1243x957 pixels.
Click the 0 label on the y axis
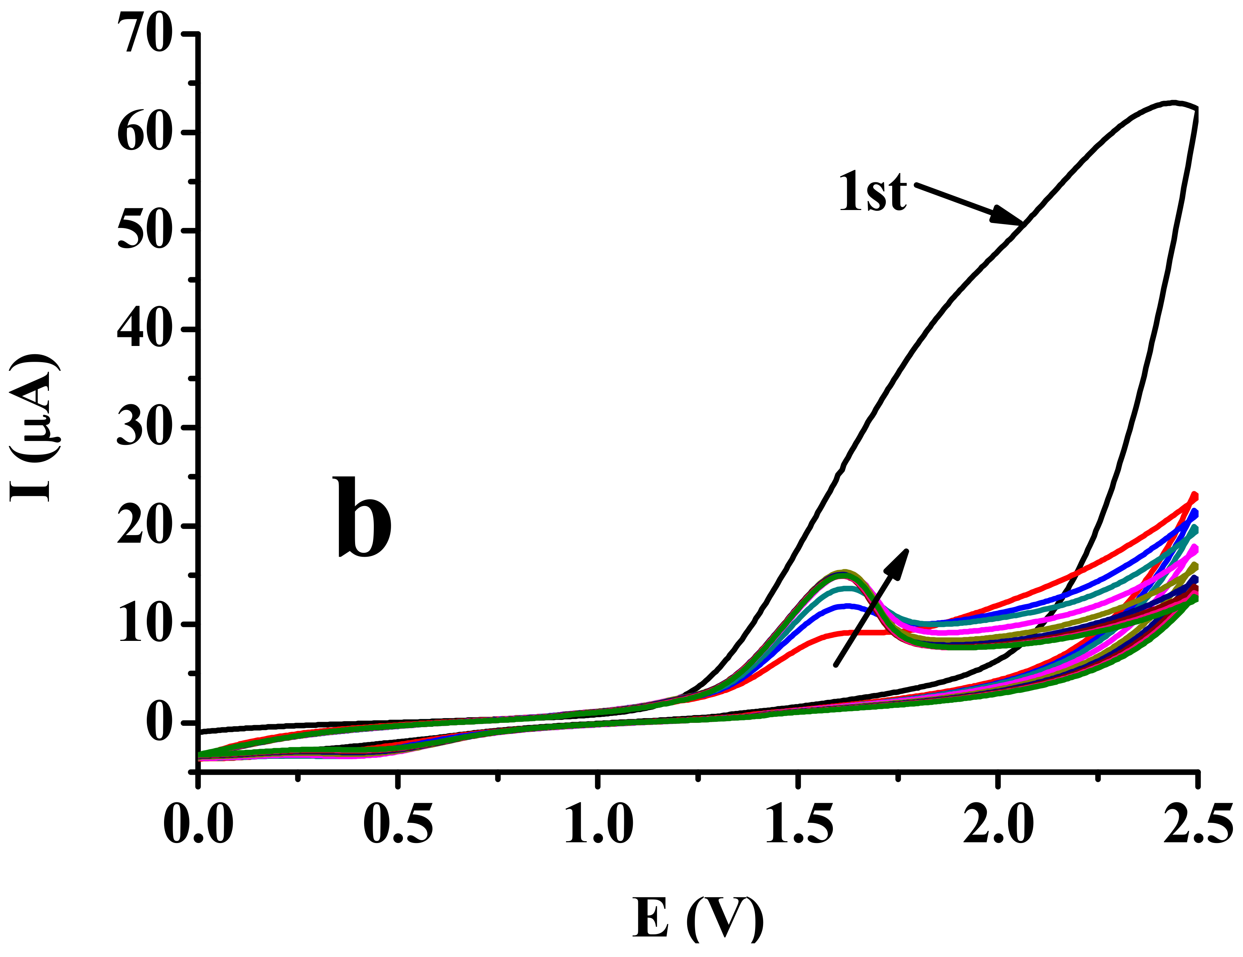coord(162,723)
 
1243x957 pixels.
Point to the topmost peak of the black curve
coord(1174,103)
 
